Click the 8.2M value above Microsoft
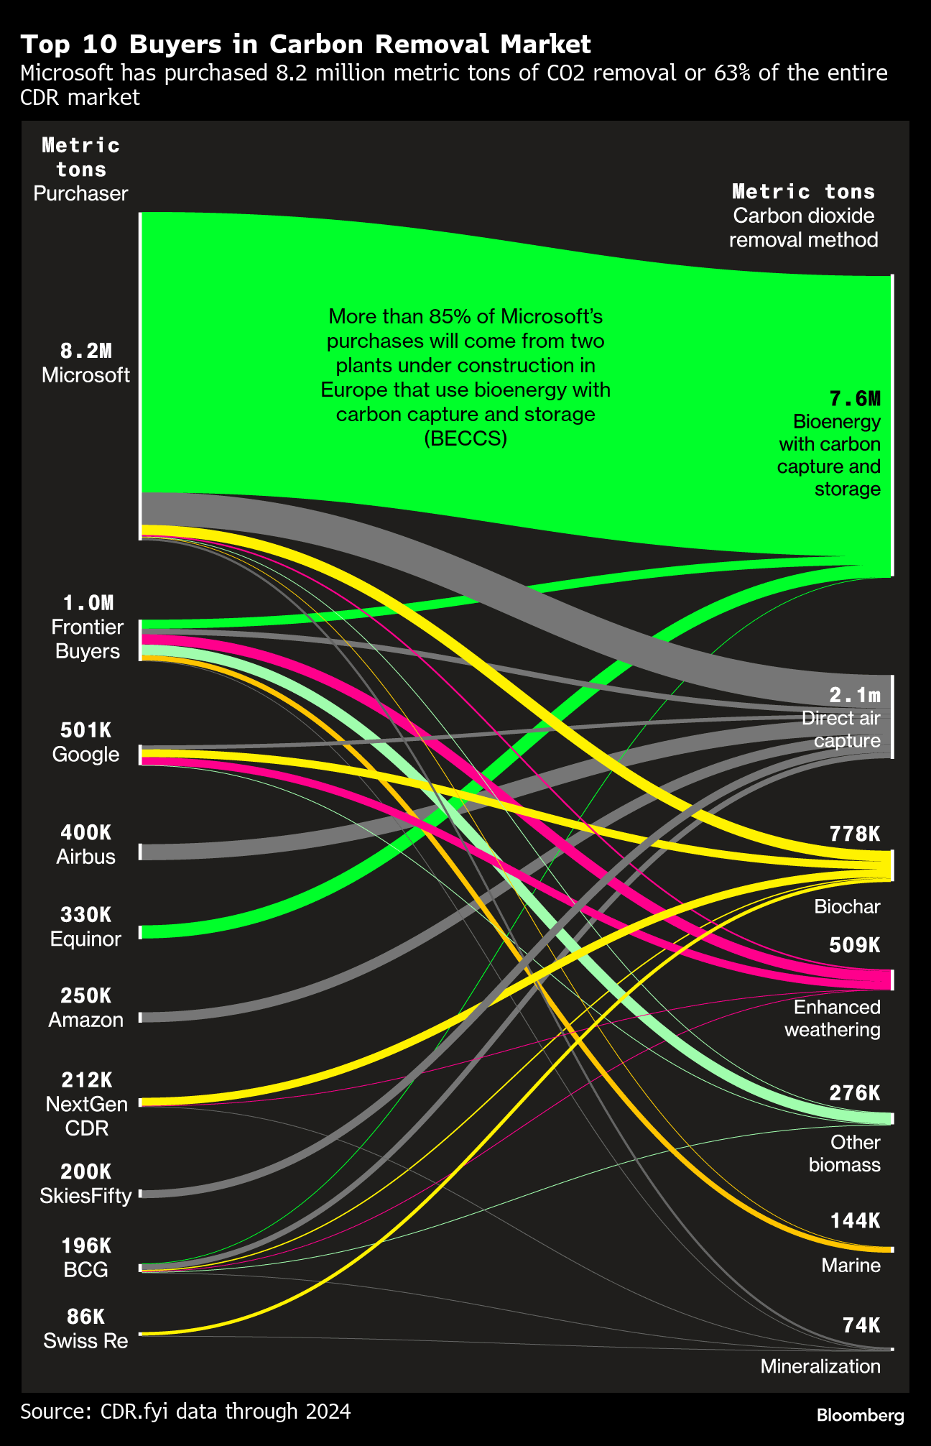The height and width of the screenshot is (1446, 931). (85, 351)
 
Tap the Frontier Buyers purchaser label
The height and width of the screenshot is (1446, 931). (87, 639)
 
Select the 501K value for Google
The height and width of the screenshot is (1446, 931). (85, 730)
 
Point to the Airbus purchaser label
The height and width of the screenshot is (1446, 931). (85, 857)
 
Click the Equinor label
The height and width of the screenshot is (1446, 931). (85, 939)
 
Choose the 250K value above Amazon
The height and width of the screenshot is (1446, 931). (85, 995)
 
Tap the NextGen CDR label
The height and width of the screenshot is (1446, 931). (86, 1115)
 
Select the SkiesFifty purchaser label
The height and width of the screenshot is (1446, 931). (85, 1196)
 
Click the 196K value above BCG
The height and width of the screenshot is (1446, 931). (85, 1245)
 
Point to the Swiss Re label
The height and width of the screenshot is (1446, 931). (85, 1340)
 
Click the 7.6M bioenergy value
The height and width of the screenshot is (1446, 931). (854, 398)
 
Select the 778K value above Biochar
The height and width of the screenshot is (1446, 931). (854, 834)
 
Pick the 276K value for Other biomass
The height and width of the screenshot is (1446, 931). (854, 1093)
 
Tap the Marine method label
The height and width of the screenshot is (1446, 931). (851, 1265)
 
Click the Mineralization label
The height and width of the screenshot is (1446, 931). (820, 1366)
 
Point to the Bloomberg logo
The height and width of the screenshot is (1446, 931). (861, 1415)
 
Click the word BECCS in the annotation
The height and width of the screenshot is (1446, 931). (465, 438)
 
